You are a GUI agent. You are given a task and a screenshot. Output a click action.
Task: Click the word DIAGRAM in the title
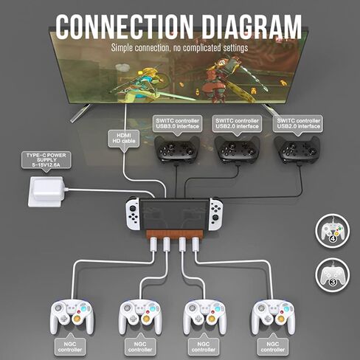coord(252,27)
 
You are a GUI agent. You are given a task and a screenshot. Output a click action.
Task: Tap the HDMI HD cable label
coord(124,139)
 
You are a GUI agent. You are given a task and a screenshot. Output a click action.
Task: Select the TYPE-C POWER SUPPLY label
coord(46,160)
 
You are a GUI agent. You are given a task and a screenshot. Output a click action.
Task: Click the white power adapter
coord(46,191)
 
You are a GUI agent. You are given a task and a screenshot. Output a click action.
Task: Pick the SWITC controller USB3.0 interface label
coord(177,124)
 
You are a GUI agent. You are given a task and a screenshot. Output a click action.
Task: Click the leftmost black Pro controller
coord(177,150)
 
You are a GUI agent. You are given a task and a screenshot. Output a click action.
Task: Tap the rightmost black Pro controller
coord(297,150)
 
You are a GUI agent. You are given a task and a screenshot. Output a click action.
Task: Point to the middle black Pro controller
coord(238,150)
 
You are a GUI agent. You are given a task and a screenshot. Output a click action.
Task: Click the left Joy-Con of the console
coord(133,214)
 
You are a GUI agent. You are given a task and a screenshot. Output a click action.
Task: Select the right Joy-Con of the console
coord(215,214)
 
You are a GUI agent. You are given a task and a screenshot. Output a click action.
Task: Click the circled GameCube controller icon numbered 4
coord(333,230)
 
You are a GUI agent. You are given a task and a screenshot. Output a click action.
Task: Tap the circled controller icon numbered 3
coord(333,275)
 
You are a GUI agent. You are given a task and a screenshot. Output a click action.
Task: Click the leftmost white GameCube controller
coord(72,316)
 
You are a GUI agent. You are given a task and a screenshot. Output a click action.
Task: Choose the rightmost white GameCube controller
coord(273,316)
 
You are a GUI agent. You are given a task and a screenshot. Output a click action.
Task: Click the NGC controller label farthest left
coord(70,347)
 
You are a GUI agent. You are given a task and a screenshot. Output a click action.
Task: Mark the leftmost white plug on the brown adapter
coord(153,243)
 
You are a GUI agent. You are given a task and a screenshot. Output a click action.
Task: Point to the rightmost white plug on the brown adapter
coord(195,243)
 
